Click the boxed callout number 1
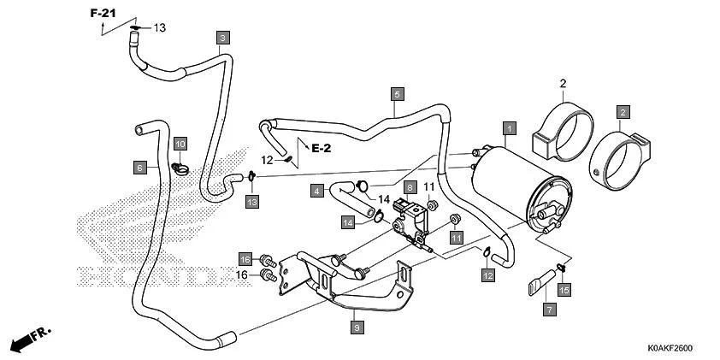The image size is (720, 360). [x=509, y=129]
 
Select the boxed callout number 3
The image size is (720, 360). [x=222, y=38]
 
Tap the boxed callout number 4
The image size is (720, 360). [x=316, y=191]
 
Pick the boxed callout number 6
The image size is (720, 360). [x=139, y=167]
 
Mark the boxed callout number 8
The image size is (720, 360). [x=410, y=187]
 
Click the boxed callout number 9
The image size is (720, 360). [x=356, y=326]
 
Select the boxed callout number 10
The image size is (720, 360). [x=180, y=143]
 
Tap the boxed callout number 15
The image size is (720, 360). [x=564, y=290]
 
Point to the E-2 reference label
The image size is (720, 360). [x=321, y=148]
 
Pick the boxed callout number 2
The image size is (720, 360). [x=623, y=112]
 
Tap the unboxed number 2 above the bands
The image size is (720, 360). [x=564, y=83]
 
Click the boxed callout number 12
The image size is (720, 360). [x=487, y=274]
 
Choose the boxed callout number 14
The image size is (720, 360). [x=349, y=222]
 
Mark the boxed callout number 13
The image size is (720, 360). [x=251, y=201]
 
